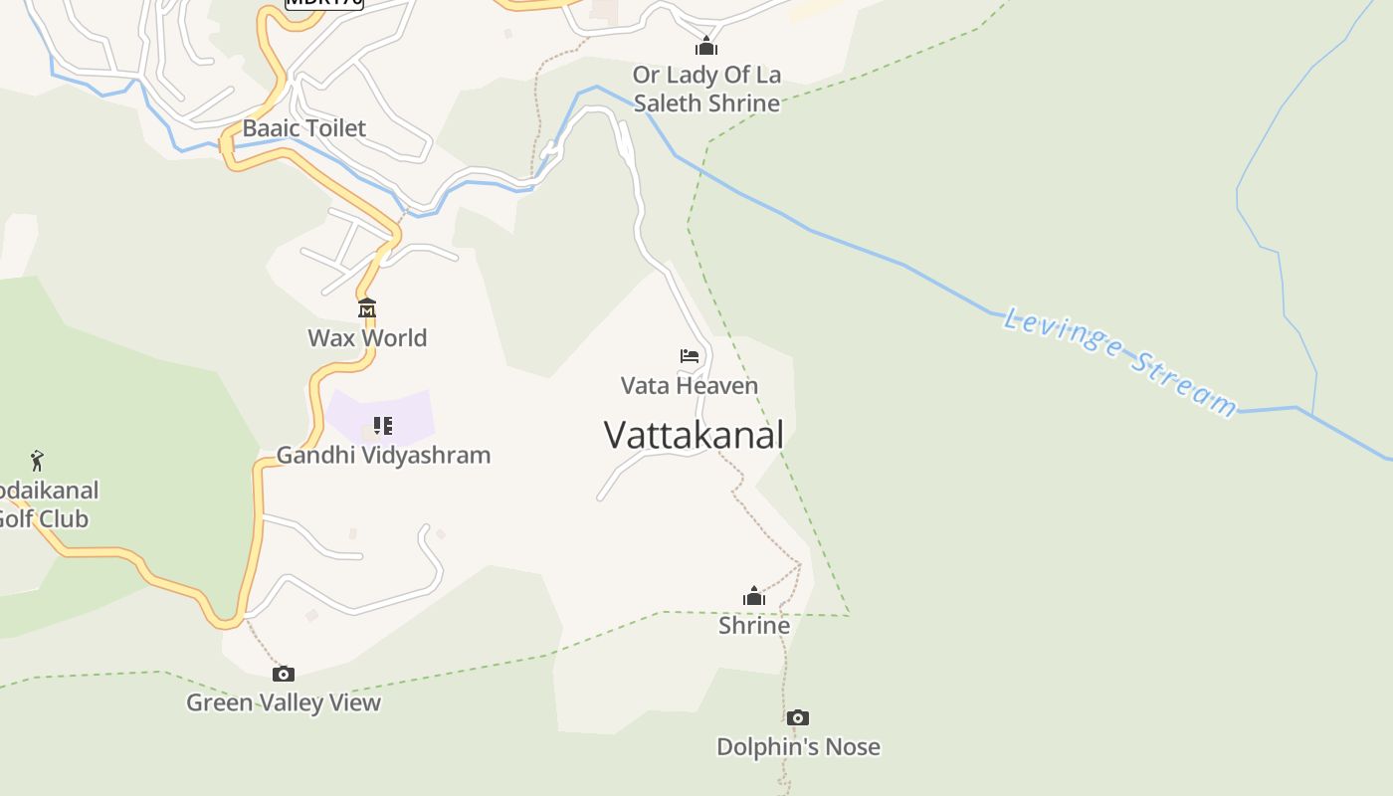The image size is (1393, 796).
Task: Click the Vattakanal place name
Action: (x=694, y=435)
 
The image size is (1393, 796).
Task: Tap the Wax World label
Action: (x=367, y=337)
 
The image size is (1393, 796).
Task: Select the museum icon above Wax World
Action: (x=367, y=307)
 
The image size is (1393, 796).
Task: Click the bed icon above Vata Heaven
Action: (x=690, y=355)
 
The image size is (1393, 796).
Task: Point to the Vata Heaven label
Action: (x=690, y=385)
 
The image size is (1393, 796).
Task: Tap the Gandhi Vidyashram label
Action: (x=383, y=455)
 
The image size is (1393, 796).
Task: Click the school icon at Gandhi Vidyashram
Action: (x=383, y=426)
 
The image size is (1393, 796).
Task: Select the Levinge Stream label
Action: (x=1120, y=361)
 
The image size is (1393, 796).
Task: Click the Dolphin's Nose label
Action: (x=798, y=746)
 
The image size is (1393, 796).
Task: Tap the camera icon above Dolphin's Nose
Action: (x=797, y=717)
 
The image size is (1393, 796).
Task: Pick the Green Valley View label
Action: (x=284, y=702)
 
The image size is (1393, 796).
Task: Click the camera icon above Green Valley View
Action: (x=284, y=674)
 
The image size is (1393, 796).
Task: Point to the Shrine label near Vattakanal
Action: (x=754, y=625)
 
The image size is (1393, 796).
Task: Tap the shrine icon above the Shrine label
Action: (x=754, y=596)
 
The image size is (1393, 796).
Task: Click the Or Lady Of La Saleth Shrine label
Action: (x=706, y=89)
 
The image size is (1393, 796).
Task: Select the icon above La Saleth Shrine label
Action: (x=706, y=46)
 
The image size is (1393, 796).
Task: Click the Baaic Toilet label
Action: (x=304, y=128)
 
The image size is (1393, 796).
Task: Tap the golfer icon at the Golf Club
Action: (x=37, y=461)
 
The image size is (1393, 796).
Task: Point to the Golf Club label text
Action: (x=45, y=504)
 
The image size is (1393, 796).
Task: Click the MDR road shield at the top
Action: (x=324, y=3)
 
